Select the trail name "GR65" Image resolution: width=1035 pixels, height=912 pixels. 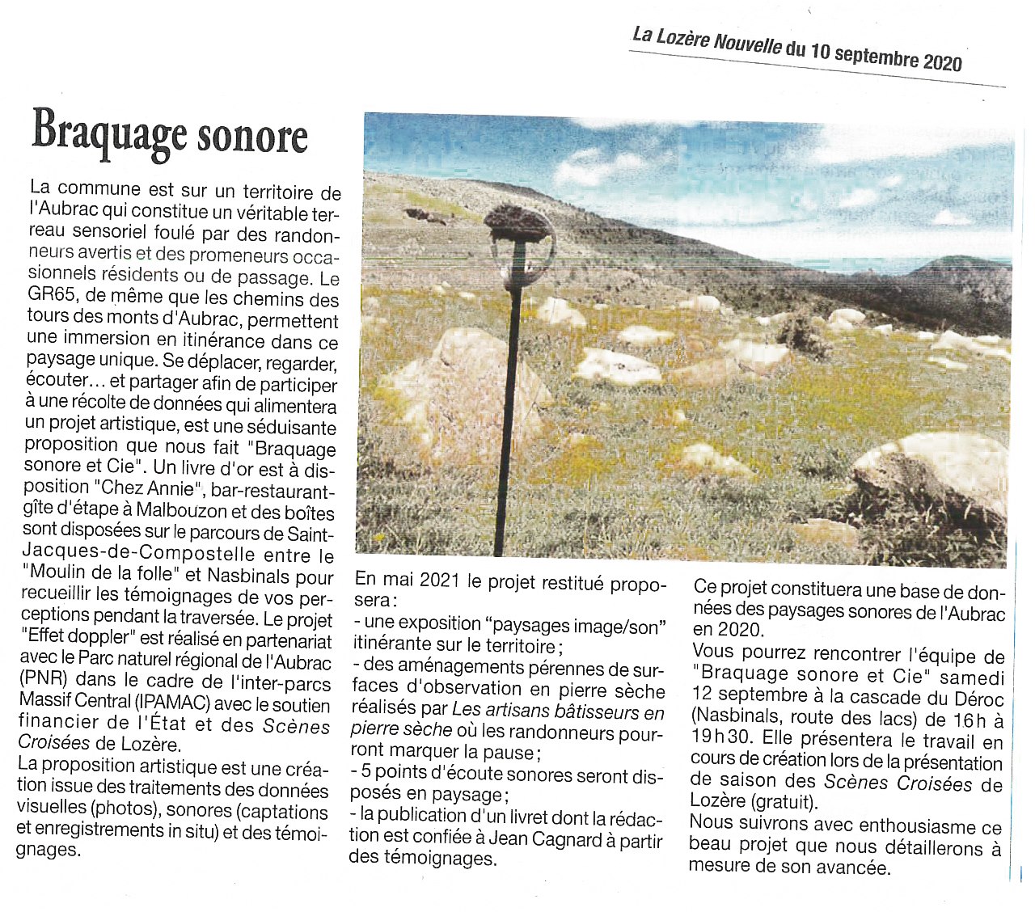[51, 296]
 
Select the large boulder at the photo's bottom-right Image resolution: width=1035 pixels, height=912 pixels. [938, 477]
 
